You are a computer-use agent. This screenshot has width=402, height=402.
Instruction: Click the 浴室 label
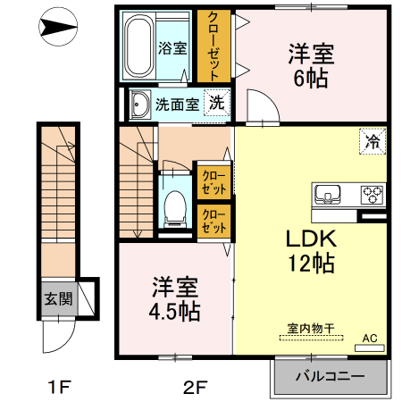click(172, 48)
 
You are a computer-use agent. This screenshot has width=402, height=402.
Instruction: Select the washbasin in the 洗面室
click(140, 105)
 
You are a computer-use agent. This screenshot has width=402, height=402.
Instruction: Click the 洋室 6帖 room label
click(311, 65)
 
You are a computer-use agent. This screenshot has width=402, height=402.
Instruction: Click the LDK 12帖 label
click(310, 251)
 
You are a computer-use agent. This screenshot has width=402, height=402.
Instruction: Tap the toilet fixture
click(174, 205)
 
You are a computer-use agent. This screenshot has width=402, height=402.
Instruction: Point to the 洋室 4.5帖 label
click(175, 300)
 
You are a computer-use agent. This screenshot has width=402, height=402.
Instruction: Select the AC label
click(369, 339)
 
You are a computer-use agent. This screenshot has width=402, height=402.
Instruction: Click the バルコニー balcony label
click(331, 376)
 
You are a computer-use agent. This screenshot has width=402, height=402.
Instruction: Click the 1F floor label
click(58, 388)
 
